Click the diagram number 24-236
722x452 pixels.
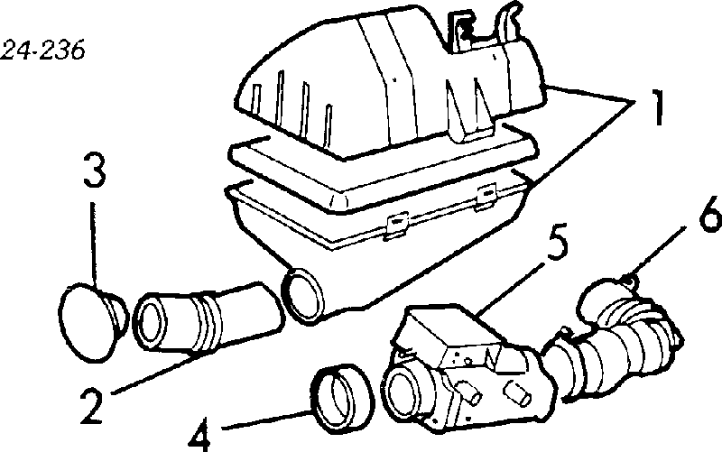coord(42,51)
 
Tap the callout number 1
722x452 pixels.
coord(658,107)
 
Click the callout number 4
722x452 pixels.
coord(200,435)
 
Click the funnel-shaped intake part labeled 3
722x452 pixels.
coord(94,322)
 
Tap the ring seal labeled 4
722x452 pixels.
coord(343,399)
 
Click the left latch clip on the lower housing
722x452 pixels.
coord(396,225)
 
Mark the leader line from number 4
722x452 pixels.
coord(267,420)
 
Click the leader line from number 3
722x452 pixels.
coord(94,244)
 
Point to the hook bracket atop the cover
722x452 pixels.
coord(511,23)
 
